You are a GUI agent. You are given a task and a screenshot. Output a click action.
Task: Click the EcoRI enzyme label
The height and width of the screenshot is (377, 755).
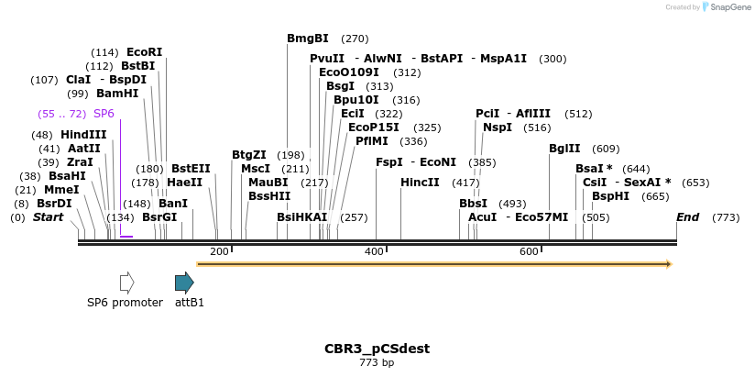pos(144,52)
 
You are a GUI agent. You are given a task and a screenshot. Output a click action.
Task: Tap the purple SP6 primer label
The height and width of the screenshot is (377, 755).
pos(104,114)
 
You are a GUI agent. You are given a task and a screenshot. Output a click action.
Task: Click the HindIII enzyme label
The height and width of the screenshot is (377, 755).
pos(83,135)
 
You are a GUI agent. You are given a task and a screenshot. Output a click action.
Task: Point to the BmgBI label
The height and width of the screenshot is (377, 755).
pos(308,39)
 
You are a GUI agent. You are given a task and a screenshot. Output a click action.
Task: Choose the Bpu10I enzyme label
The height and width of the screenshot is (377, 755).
pos(356,100)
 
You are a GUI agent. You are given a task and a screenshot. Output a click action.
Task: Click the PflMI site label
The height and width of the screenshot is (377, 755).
pos(372,141)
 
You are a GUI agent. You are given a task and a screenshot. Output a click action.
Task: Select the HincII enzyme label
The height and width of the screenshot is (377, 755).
pos(420,183)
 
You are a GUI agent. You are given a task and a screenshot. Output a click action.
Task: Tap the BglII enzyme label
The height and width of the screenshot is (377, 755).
pos(564,149)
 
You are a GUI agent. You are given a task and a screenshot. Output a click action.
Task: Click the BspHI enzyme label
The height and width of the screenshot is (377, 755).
pos(610,196)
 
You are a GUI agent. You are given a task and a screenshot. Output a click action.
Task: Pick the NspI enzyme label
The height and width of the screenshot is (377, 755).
pos(498,128)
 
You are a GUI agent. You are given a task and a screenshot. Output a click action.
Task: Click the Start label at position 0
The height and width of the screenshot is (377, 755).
pos(49,217)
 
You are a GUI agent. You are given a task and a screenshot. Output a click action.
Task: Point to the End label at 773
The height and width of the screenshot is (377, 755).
pos(687,217)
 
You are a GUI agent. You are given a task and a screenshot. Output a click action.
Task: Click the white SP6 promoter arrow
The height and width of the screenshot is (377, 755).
pos(126,283)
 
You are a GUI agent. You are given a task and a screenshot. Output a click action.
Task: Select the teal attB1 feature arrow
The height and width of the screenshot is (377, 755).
pos(184,283)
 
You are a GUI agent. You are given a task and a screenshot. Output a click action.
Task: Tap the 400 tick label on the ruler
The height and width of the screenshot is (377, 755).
pos(374,251)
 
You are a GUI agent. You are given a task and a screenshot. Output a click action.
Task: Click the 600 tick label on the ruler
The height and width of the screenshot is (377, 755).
pos(529,251)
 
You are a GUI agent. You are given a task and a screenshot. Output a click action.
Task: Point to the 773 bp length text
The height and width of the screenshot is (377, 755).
pos(377,363)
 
